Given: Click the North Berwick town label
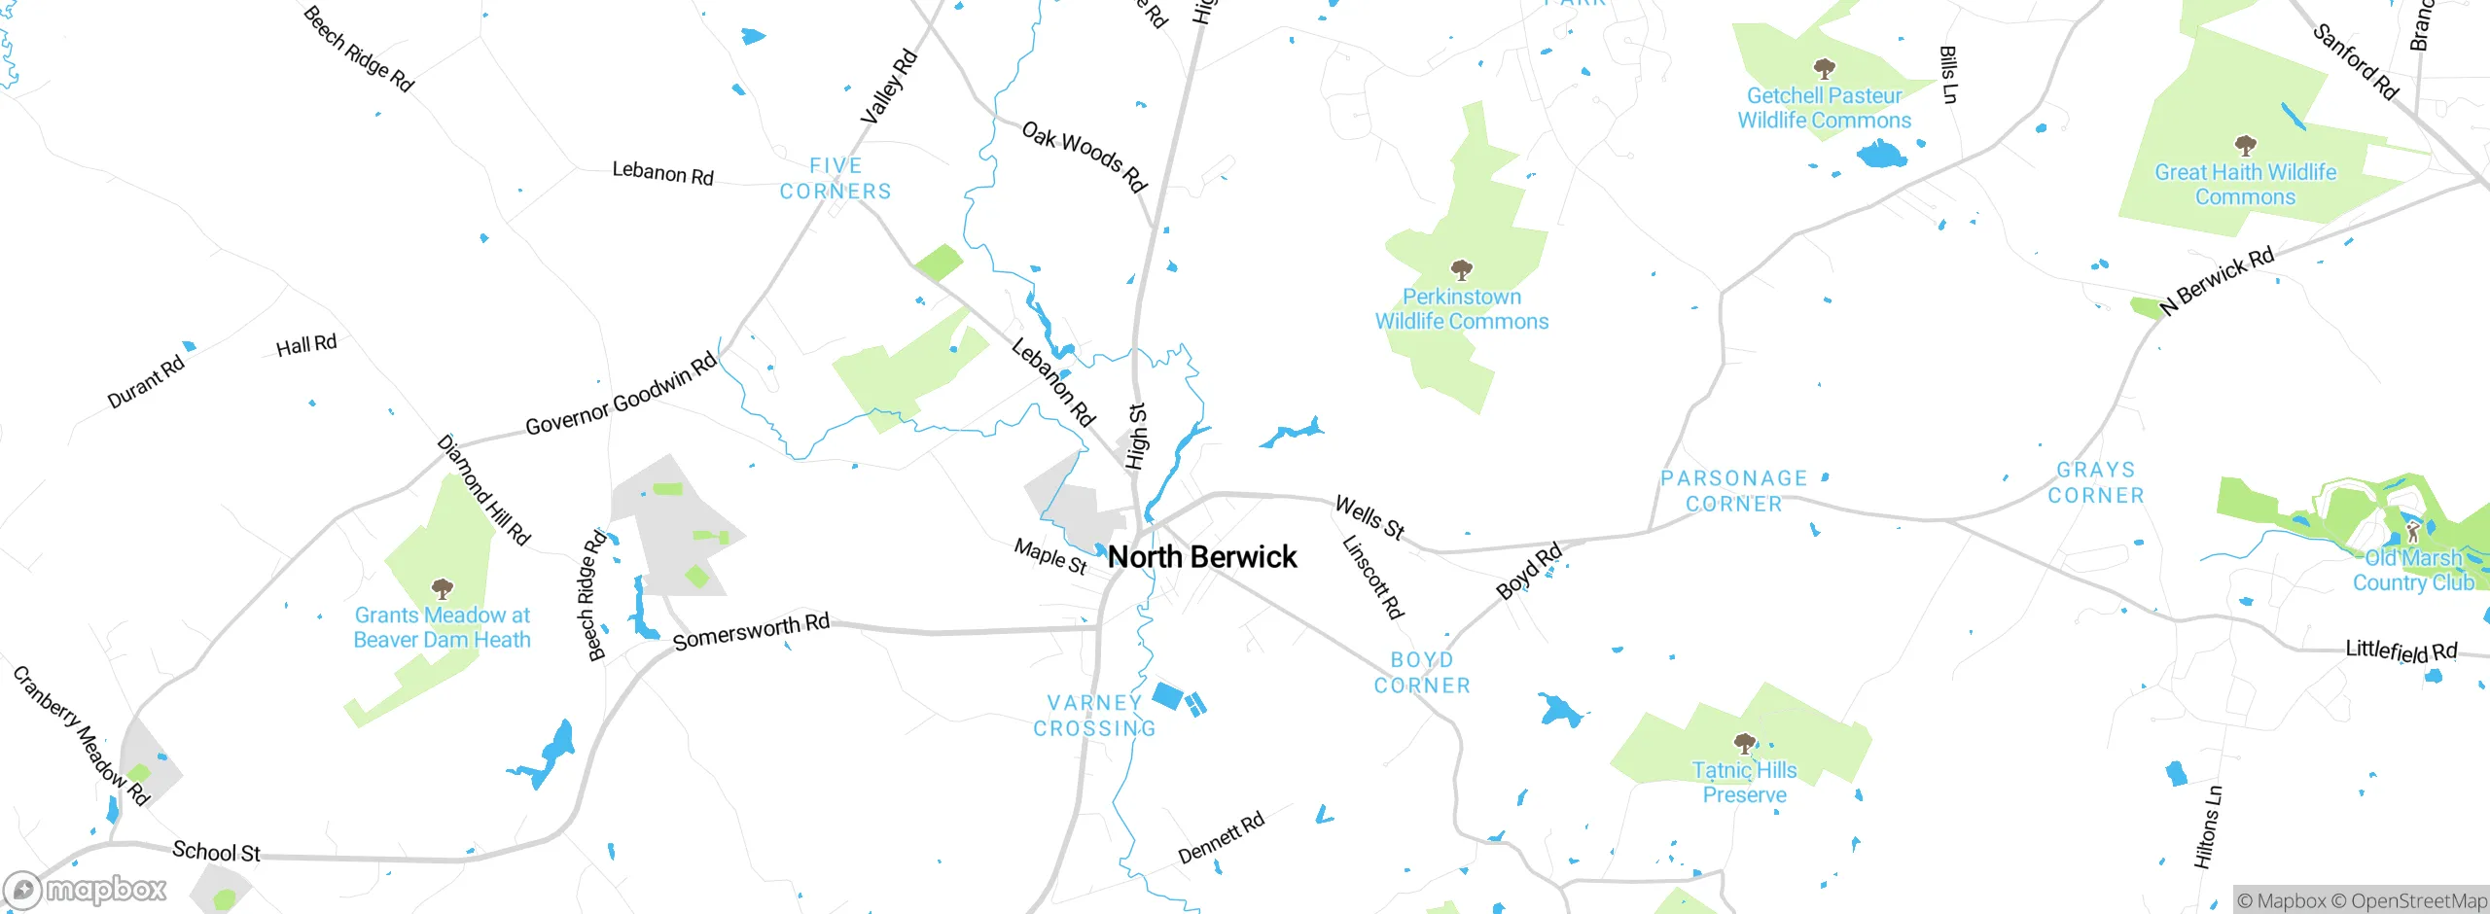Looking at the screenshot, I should click(1202, 557).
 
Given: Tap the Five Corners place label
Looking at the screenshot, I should click(836, 179).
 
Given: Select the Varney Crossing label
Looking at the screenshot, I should click(1094, 716).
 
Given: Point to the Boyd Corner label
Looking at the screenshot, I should click(1422, 673).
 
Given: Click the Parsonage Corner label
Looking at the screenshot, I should click(1734, 491).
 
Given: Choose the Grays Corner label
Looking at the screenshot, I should click(2096, 482).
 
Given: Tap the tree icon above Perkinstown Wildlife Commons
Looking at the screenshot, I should click(1461, 269).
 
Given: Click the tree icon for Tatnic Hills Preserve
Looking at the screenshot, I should click(1745, 744).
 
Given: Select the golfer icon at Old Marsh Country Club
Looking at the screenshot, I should click(2413, 532).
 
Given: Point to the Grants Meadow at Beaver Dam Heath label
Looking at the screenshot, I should click(443, 627).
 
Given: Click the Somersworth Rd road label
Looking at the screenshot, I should click(751, 632).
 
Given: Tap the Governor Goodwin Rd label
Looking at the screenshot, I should click(621, 395).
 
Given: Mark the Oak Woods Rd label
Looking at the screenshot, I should click(1085, 157).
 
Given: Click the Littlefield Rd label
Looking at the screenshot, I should click(2401, 650).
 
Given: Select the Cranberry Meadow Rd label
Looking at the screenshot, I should click(82, 736).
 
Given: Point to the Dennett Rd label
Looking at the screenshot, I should click(1221, 837).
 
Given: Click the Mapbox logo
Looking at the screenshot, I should click(86, 889).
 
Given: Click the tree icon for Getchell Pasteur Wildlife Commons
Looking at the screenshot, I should click(1824, 68).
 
